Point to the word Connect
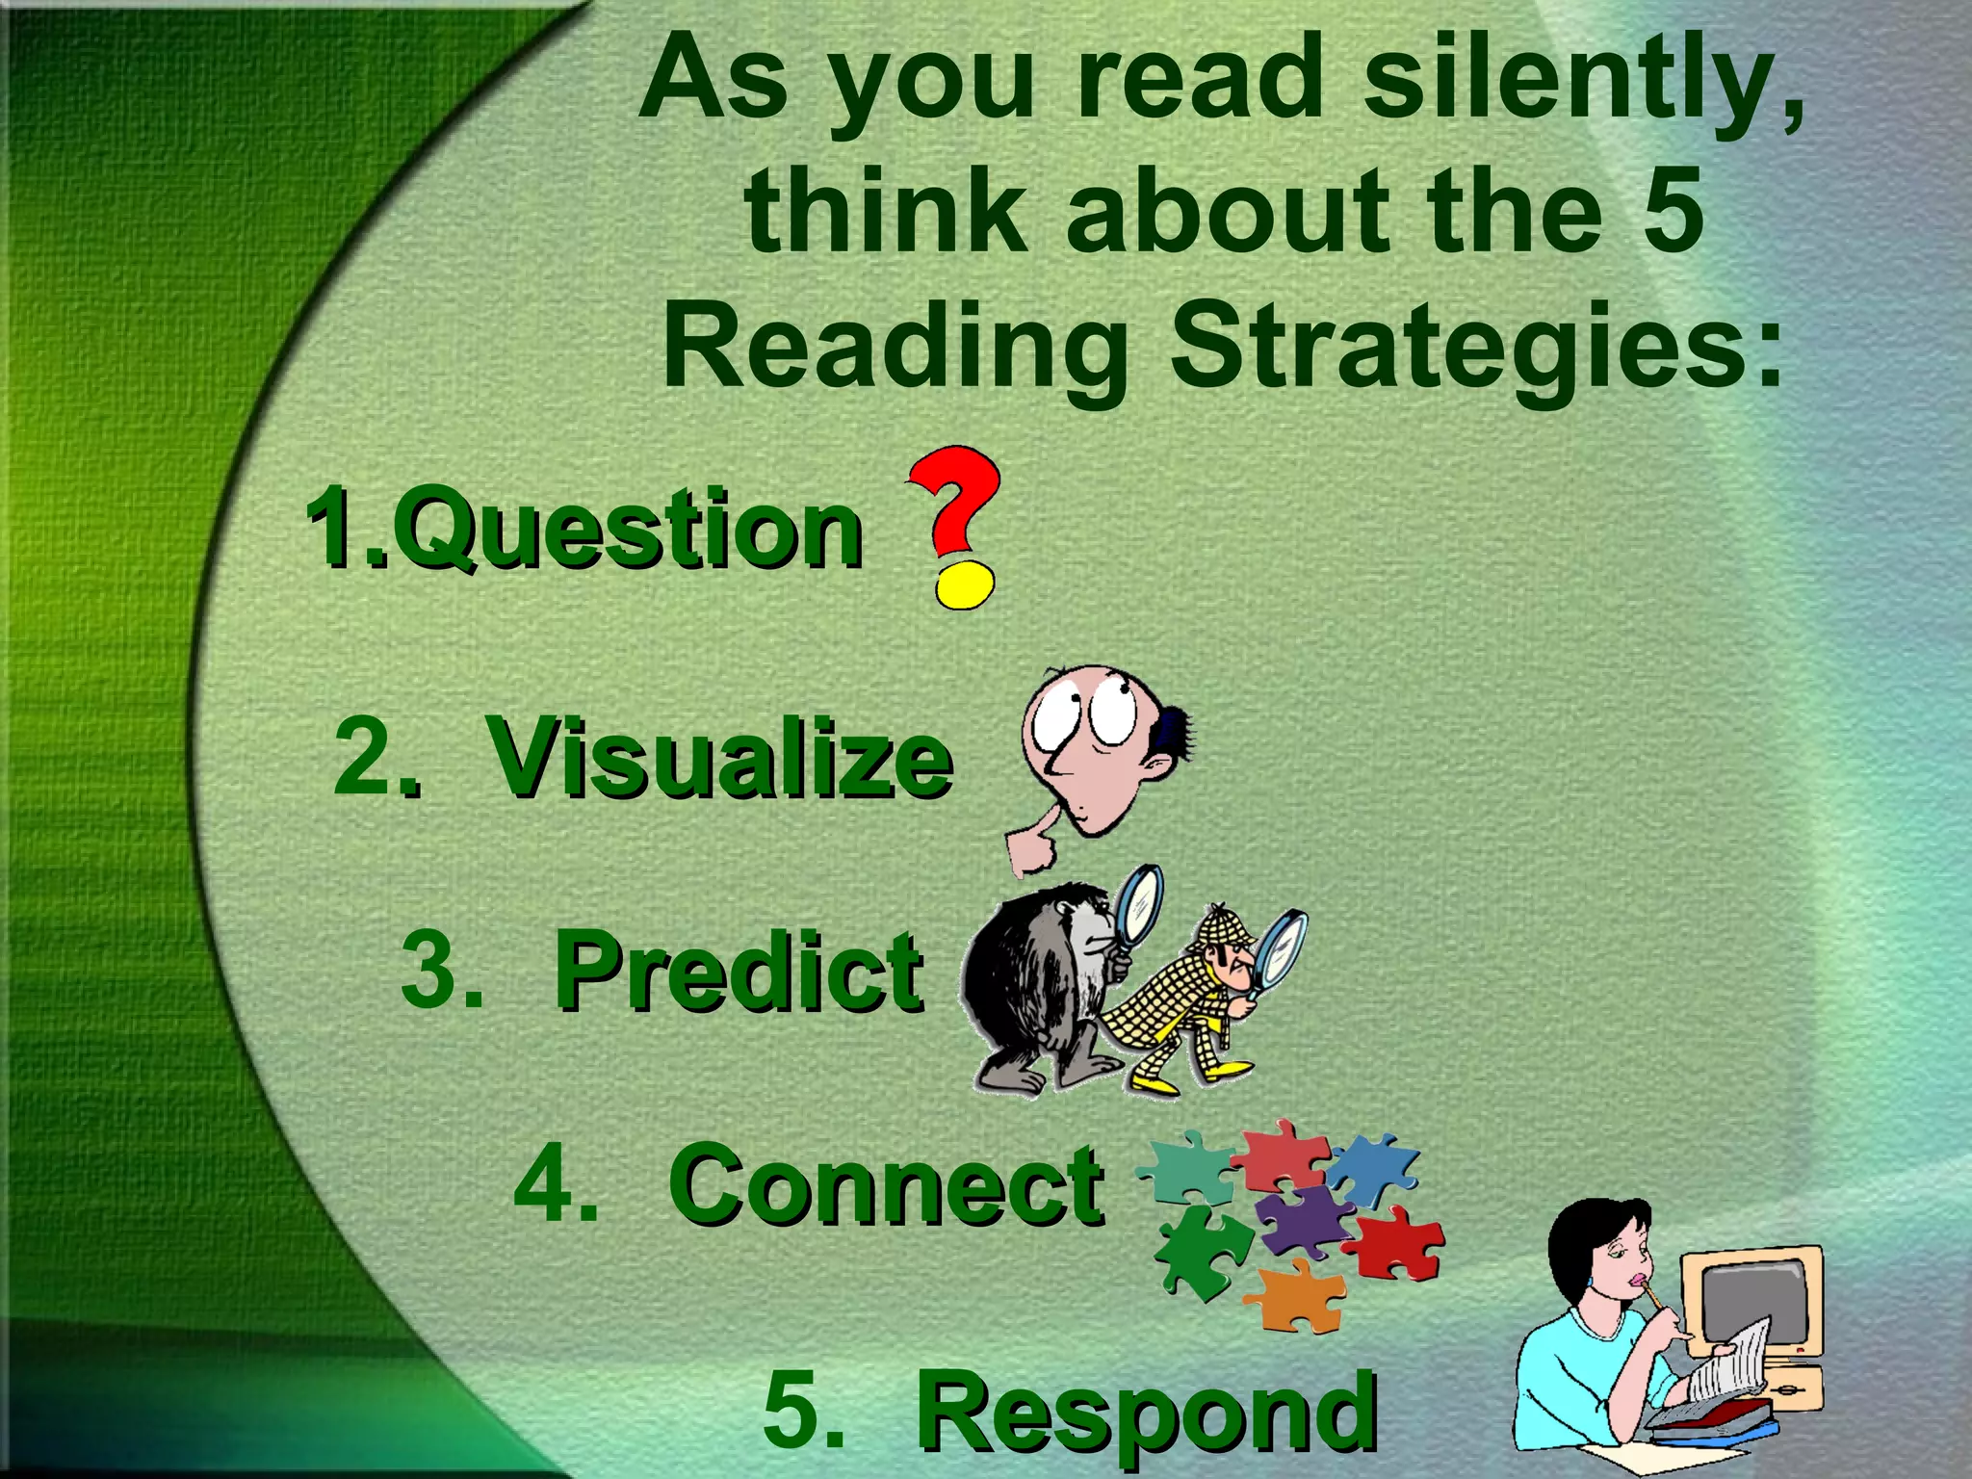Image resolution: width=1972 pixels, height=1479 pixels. click(886, 1186)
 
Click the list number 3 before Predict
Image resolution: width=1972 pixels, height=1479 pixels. click(440, 968)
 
